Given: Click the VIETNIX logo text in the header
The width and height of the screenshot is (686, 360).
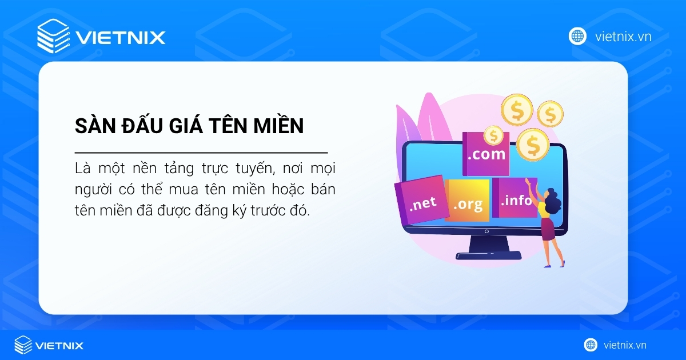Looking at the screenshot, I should pos(121,38).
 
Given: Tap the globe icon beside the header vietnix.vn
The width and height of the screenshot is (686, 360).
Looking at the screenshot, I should pos(577,36).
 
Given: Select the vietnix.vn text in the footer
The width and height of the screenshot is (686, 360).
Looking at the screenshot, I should pos(624,345).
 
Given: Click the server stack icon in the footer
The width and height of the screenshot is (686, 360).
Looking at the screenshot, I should pos(23,345).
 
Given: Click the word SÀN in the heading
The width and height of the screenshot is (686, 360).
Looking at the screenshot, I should pos(91,126).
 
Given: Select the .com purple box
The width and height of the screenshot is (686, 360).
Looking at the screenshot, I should pos(485,154).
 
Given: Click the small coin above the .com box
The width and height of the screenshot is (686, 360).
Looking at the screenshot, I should pos(493,135).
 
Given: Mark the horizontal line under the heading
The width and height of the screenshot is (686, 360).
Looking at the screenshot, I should pos(201,153).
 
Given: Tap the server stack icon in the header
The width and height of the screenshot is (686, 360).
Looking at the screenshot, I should pos(53,36).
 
